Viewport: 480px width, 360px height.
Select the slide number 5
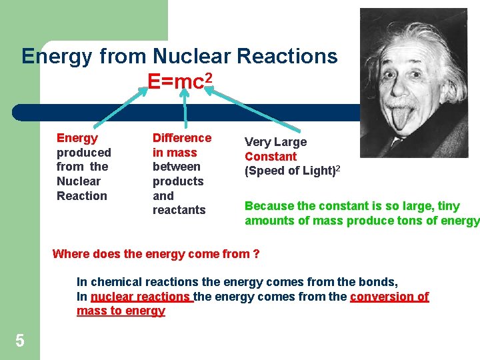(x=19, y=341)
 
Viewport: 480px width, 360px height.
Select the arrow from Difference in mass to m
(x=181, y=109)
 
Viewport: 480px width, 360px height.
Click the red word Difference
(x=182, y=138)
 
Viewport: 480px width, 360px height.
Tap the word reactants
(x=179, y=210)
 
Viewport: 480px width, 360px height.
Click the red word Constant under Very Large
(x=271, y=157)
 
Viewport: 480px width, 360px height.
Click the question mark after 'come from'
(x=256, y=254)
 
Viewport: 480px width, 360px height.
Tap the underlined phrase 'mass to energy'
(x=121, y=311)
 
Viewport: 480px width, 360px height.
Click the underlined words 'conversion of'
(x=389, y=297)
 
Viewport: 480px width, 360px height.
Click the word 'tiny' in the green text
(x=448, y=207)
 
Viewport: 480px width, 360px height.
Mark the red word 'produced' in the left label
(x=84, y=153)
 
